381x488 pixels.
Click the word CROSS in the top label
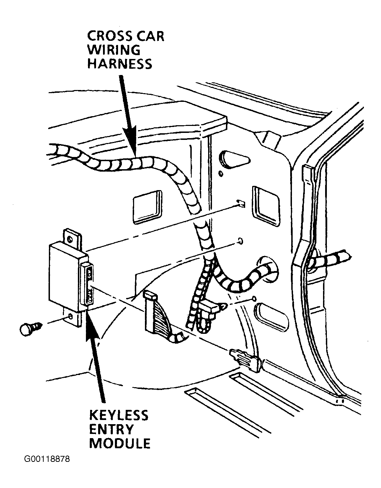[110, 36]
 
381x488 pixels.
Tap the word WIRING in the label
[114, 50]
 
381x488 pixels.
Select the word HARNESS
[119, 63]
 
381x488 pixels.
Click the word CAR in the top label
[150, 36]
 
